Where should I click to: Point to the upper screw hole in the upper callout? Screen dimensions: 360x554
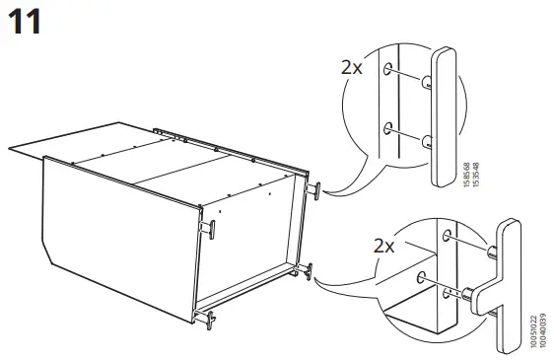click(393, 70)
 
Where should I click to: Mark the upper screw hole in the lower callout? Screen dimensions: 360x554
click(450, 236)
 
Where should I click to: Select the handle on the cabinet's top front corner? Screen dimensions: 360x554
click(210, 228)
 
